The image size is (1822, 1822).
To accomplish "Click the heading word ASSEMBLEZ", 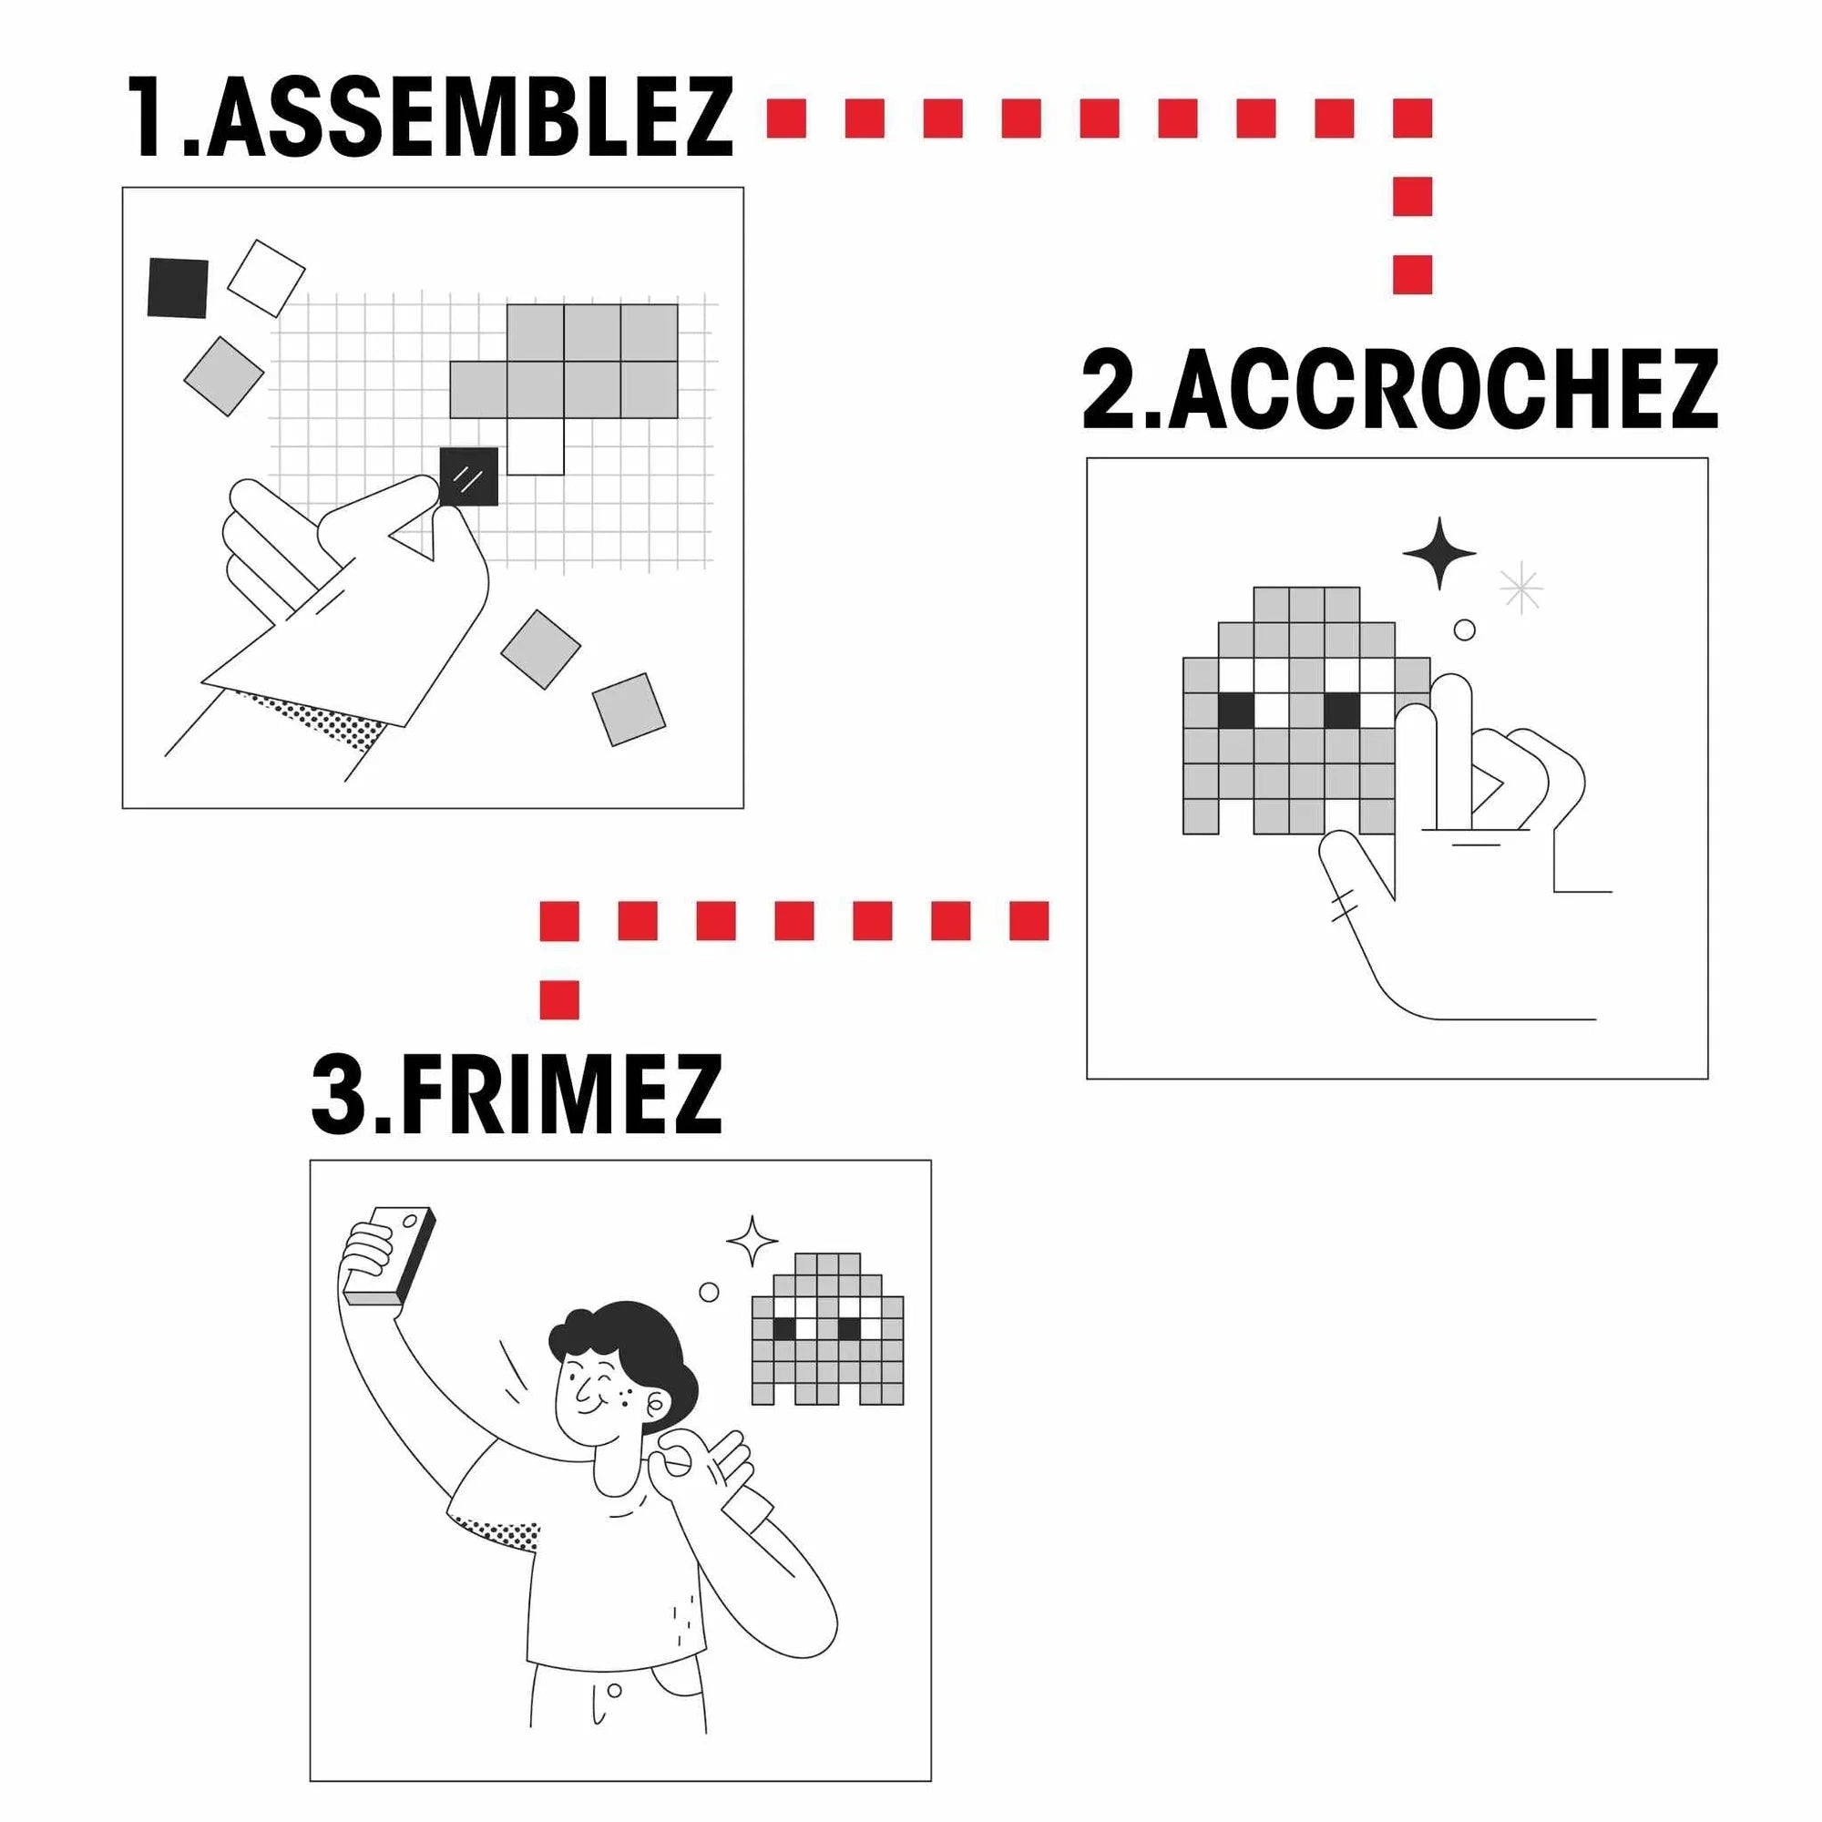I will [468, 118].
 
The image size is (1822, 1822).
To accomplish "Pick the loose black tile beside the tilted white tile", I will [178, 288].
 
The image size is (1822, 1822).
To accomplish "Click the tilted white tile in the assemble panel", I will [266, 277].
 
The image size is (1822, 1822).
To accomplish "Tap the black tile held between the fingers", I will [468, 476].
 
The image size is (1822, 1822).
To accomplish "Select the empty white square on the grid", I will [535, 446].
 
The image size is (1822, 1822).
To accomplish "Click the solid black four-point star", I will [1439, 554].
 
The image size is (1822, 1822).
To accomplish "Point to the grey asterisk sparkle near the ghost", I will [1521, 589].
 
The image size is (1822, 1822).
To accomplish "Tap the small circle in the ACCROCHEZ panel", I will [1464, 630].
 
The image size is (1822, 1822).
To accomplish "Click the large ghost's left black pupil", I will [1235, 711].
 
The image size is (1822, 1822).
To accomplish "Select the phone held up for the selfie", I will [390, 1256].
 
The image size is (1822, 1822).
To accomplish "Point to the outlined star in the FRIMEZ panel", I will [752, 1241].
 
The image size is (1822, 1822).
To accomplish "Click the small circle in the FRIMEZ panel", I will [709, 1291].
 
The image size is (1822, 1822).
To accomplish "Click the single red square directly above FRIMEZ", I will [559, 999].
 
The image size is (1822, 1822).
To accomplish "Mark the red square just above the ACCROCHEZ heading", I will [1413, 274].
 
